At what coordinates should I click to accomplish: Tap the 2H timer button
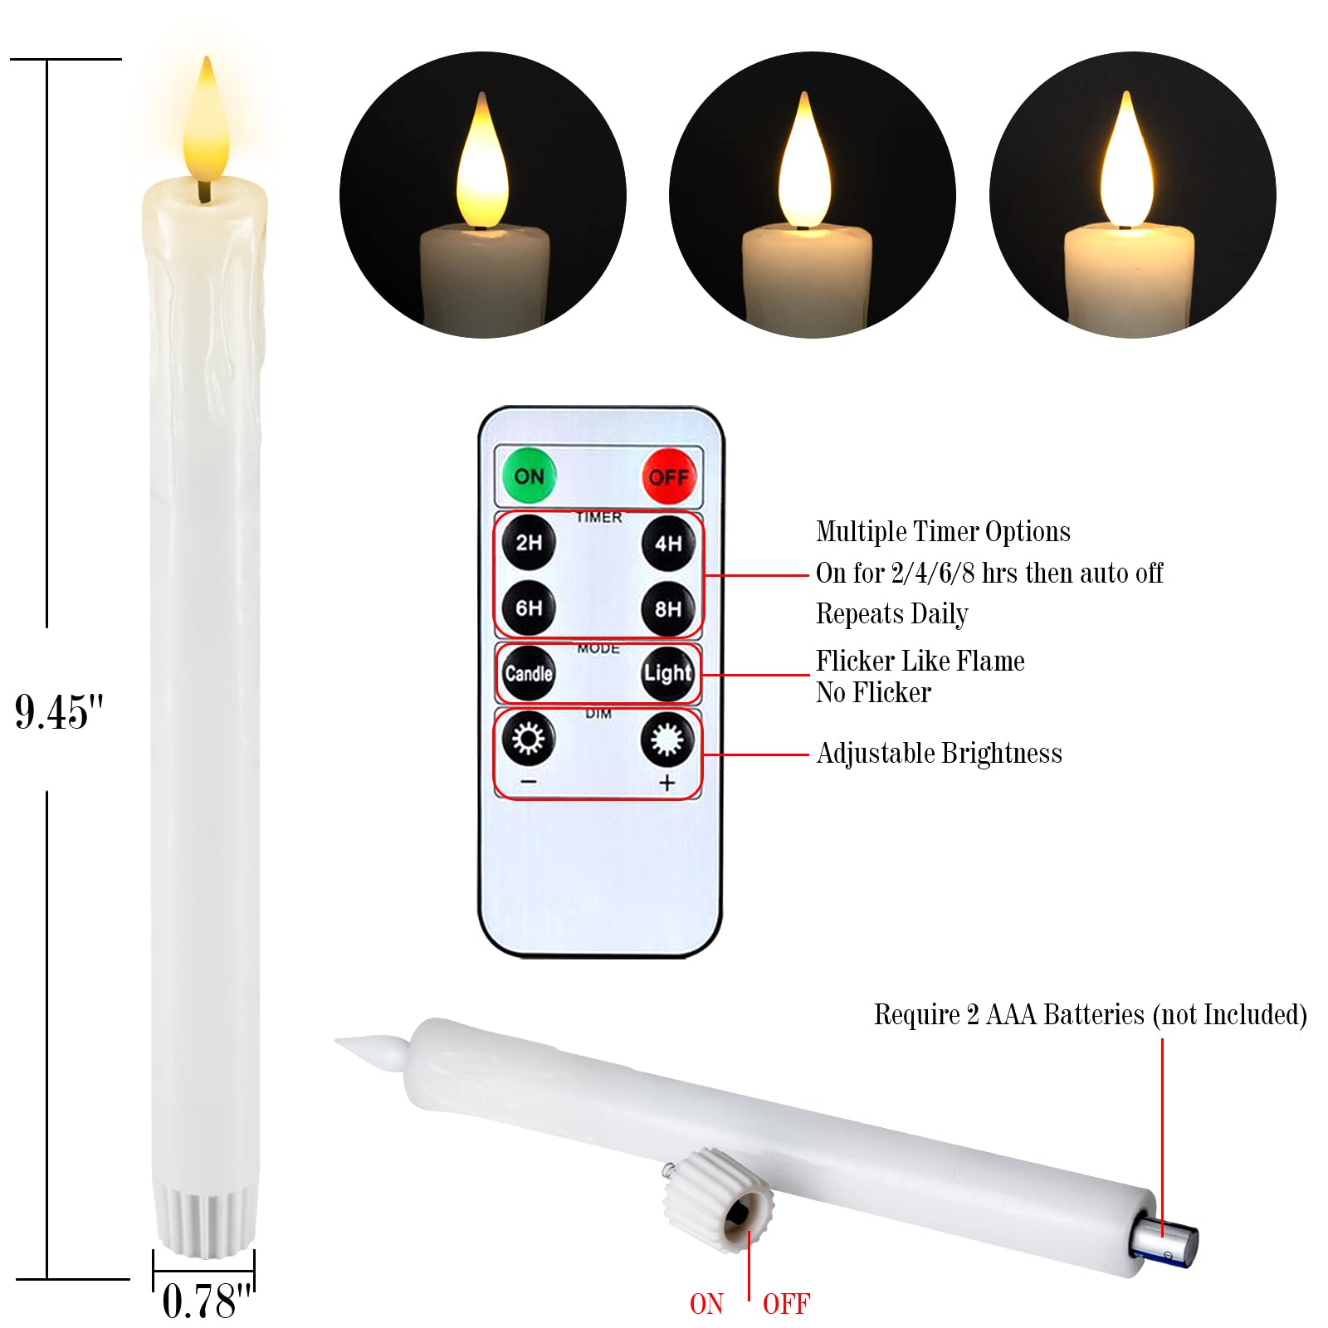click(529, 543)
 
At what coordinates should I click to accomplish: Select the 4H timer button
click(668, 544)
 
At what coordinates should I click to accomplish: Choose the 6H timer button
click(529, 608)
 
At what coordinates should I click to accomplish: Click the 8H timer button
click(668, 609)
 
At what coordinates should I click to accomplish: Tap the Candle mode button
click(529, 673)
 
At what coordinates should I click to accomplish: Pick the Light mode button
click(668, 673)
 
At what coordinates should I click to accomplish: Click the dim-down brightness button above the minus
click(529, 738)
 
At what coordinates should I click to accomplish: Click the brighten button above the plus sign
click(667, 739)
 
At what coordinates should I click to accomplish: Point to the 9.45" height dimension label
click(59, 712)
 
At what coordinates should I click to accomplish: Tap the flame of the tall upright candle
click(206, 124)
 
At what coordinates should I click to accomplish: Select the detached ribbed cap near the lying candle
click(719, 1199)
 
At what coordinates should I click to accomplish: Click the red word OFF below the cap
click(785, 1304)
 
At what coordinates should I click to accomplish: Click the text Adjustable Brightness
click(939, 754)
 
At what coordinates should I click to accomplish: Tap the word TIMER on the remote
click(598, 518)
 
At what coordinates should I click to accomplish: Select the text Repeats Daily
click(891, 614)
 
